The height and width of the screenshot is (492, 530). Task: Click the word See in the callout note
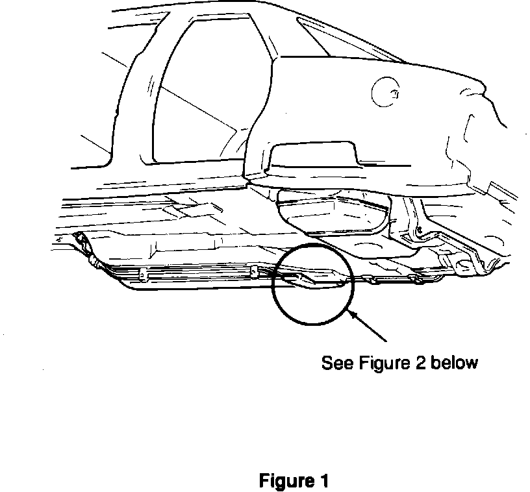click(x=336, y=362)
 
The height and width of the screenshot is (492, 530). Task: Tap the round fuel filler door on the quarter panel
click(x=388, y=93)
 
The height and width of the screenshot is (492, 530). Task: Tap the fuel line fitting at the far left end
click(x=83, y=241)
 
